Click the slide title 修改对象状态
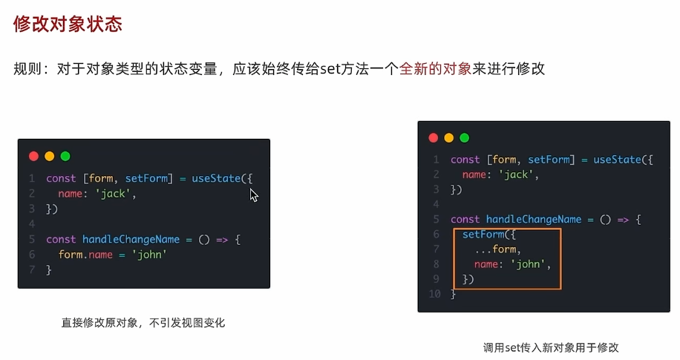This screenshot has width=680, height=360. point(68,24)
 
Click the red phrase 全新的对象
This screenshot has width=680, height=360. point(435,69)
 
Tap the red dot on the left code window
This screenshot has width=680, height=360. point(33,156)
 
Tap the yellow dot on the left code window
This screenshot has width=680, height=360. point(50,156)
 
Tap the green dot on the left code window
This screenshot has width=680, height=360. point(65,156)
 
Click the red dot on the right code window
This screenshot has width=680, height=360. point(434,137)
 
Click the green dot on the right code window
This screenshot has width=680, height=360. point(465,137)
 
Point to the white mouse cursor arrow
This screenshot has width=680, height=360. point(253,194)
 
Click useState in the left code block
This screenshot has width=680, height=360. point(217,178)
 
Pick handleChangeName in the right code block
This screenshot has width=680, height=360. point(534,220)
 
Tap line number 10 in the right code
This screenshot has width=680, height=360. point(435,294)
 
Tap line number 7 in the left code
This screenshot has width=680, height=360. point(32,270)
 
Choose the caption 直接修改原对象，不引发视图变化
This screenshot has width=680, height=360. point(143,323)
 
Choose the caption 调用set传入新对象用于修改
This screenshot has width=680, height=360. point(551,347)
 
